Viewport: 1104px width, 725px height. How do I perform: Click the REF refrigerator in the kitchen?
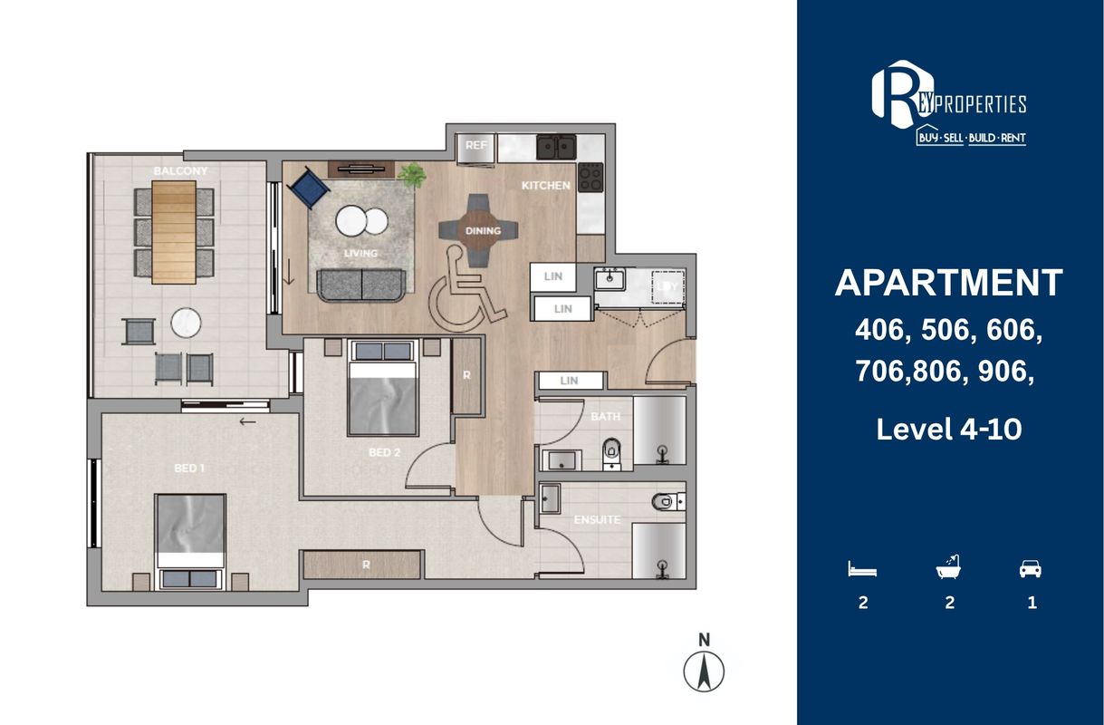pyautogui.click(x=475, y=150)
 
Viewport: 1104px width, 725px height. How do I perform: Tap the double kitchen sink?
pyautogui.click(x=556, y=147)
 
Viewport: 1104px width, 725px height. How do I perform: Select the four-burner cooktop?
pyautogui.click(x=590, y=177)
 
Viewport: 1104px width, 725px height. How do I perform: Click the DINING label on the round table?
pyautogui.click(x=483, y=230)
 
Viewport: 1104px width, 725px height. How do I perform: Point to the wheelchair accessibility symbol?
pyautogui.click(x=465, y=289)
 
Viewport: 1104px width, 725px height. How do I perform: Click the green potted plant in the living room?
pyautogui.click(x=412, y=175)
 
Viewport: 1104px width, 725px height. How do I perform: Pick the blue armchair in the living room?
pyautogui.click(x=309, y=188)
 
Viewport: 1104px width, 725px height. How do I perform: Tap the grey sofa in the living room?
pyautogui.click(x=361, y=285)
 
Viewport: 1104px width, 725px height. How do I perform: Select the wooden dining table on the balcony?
pyautogui.click(x=174, y=232)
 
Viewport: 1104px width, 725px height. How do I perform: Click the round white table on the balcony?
pyautogui.click(x=186, y=323)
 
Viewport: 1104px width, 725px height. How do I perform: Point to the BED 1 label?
pyautogui.click(x=189, y=468)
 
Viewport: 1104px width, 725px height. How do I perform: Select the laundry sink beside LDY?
pyautogui.click(x=610, y=280)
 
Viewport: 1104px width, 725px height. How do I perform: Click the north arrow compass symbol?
pyautogui.click(x=704, y=672)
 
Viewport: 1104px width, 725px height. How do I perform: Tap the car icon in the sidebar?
pyautogui.click(x=1031, y=568)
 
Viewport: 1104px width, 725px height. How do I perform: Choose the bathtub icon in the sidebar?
pyautogui.click(x=949, y=567)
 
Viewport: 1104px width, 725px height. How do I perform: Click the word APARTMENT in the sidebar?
pyautogui.click(x=949, y=283)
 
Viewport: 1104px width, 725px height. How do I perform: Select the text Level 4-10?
pyautogui.click(x=949, y=429)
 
